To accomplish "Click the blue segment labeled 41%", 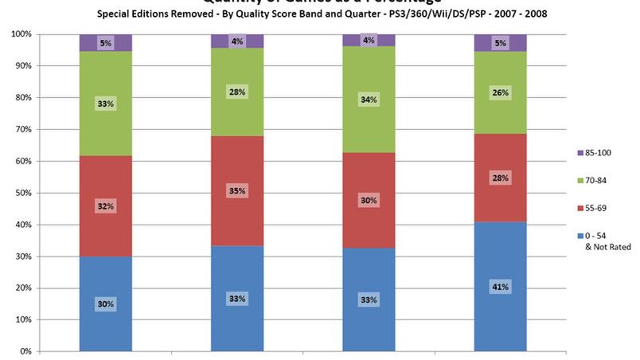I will click(501, 287).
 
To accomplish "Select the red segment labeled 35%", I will click(237, 191).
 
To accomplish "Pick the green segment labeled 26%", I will click(501, 92).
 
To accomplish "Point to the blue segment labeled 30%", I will click(106, 304).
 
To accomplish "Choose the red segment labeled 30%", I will click(369, 201).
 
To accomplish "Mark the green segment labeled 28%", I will click(237, 92).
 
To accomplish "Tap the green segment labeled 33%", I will click(106, 103).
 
